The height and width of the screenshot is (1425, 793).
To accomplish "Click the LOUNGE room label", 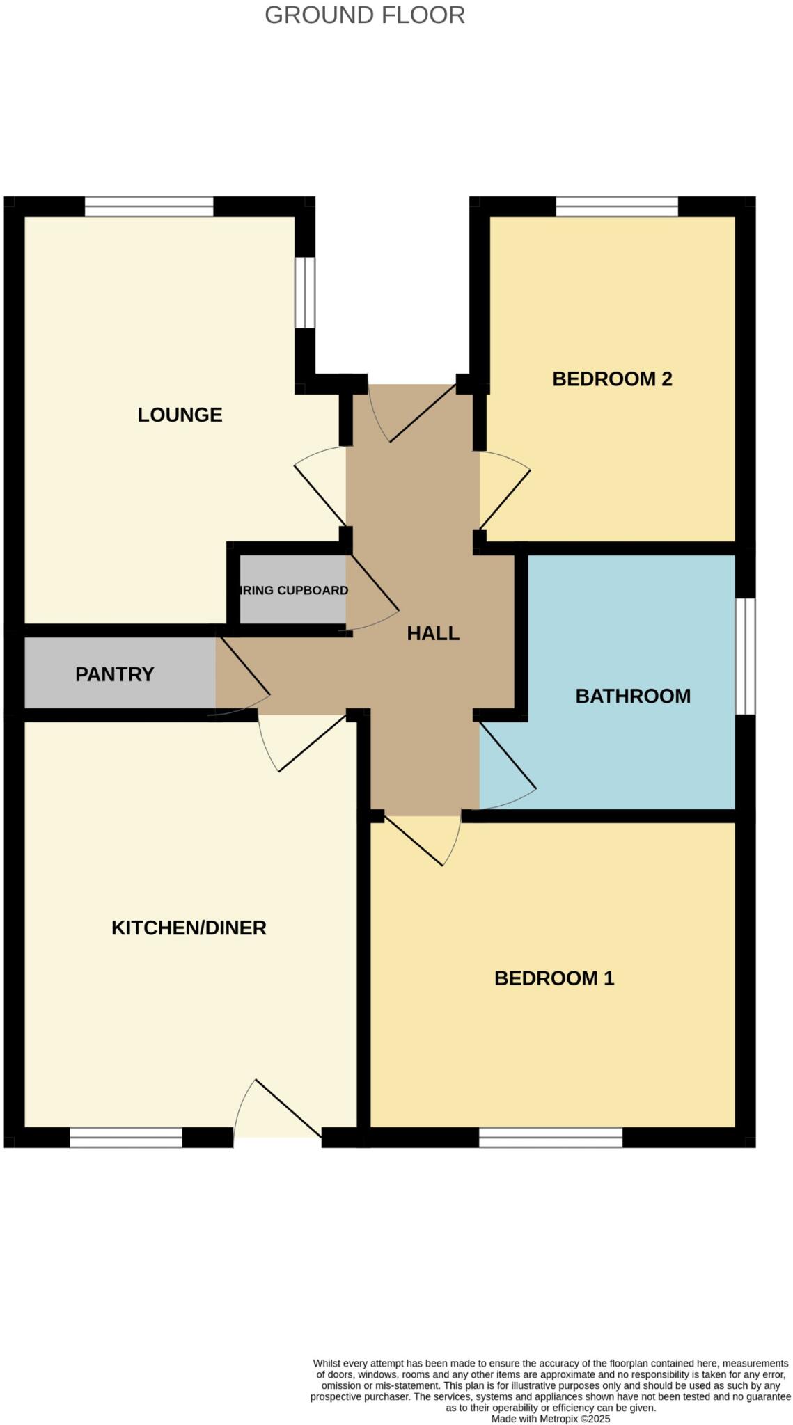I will click(180, 415).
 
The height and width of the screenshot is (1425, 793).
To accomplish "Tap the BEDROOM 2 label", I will click(611, 379).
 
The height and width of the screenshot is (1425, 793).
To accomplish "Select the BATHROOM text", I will click(632, 696).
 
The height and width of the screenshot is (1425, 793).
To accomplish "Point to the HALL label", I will click(432, 633).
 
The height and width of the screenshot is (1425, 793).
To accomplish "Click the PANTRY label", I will click(114, 674).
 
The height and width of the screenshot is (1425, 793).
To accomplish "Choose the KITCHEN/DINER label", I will click(189, 928).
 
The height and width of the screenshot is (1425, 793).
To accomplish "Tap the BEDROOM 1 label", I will click(553, 978).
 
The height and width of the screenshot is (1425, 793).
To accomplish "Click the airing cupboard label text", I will click(293, 590).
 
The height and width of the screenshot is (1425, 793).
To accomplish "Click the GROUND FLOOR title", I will click(364, 15).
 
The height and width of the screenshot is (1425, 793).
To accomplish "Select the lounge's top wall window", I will click(149, 207).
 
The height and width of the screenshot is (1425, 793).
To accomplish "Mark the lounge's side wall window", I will click(304, 292).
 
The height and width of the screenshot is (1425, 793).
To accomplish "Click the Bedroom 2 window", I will click(616, 207).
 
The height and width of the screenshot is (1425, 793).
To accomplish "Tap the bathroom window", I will click(745, 656).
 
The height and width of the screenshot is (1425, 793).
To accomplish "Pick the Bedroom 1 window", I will click(550, 1137).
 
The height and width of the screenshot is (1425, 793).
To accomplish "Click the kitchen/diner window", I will click(126, 1137).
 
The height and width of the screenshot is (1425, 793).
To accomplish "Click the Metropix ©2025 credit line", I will click(550, 1419).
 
